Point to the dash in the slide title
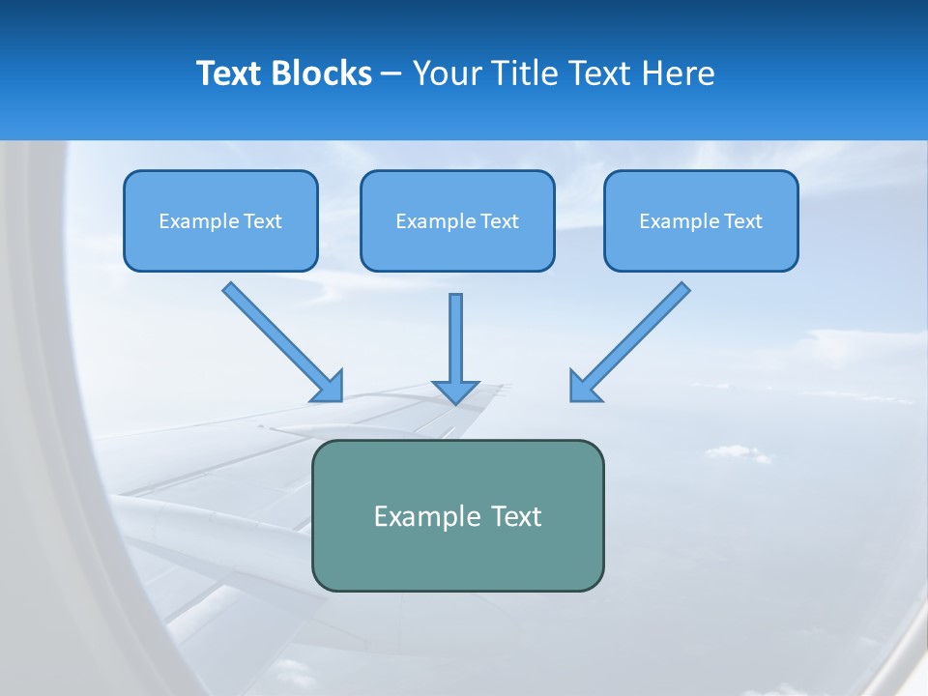click(x=391, y=74)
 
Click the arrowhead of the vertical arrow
click(x=455, y=391)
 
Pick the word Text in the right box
click(x=742, y=221)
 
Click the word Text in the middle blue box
click(x=499, y=221)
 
